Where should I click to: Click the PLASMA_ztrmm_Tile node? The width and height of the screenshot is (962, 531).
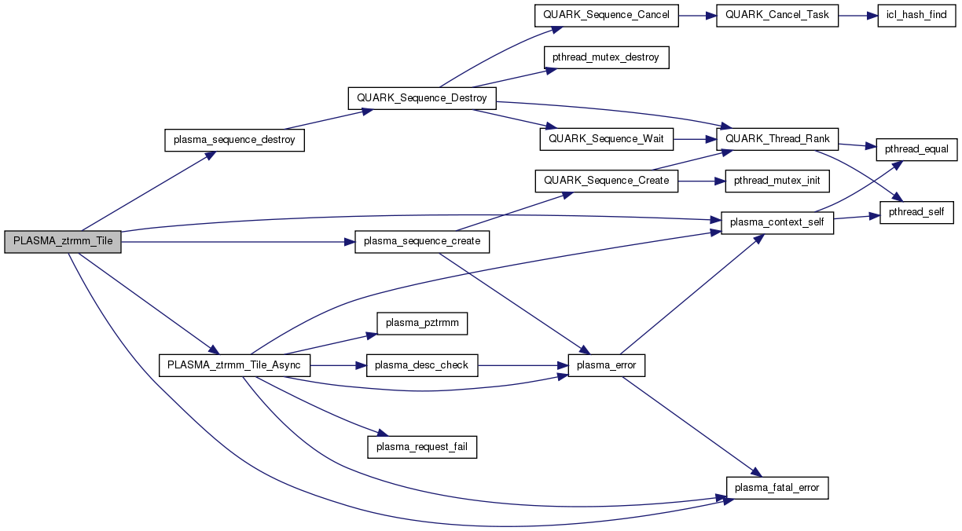pos(63,242)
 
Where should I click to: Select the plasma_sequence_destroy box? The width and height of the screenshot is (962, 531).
pos(234,140)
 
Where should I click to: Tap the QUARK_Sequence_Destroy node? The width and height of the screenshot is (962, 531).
pos(422,98)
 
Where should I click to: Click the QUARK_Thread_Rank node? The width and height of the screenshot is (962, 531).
pos(778,139)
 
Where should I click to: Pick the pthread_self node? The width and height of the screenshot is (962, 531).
pos(916,212)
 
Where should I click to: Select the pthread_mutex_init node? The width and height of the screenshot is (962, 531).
pos(777,181)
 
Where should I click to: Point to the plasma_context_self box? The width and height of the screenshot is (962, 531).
pos(777,222)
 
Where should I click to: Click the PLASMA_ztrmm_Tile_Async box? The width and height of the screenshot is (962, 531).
pos(234,365)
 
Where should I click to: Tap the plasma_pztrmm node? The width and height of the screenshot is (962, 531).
pos(422,323)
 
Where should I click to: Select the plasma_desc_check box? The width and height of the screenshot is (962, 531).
pos(422,365)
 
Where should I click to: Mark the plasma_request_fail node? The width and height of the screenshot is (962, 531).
pos(422,447)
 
